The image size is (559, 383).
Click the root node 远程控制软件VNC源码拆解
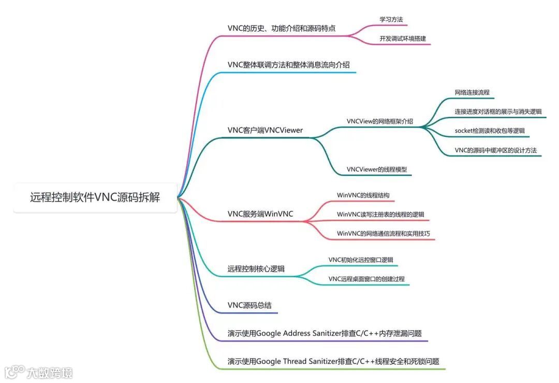pyautogui.click(x=95, y=197)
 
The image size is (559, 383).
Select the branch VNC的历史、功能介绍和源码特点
pyautogui.click(x=281, y=28)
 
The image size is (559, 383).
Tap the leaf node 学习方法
pyautogui.click(x=391, y=20)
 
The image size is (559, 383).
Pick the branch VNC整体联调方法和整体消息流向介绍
pyautogui.click(x=288, y=65)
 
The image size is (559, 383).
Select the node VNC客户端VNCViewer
pyautogui.click(x=265, y=130)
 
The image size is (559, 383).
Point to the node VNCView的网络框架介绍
pyautogui.click(x=380, y=121)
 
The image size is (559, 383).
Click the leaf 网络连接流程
pyautogui.click(x=472, y=93)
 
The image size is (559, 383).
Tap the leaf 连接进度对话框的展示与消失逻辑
pyautogui.click(x=498, y=111)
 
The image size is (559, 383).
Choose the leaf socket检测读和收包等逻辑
pyautogui.click(x=489, y=131)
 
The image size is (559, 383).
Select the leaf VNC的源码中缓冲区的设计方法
pyautogui.click(x=495, y=150)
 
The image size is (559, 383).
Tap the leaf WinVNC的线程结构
pyautogui.click(x=363, y=195)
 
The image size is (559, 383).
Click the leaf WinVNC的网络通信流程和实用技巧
pyautogui.click(x=383, y=234)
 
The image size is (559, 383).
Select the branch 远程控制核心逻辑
pyautogui.click(x=256, y=269)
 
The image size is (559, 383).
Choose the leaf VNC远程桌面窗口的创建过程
pyautogui.click(x=366, y=279)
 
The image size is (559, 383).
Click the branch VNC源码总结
pyautogui.click(x=249, y=305)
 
